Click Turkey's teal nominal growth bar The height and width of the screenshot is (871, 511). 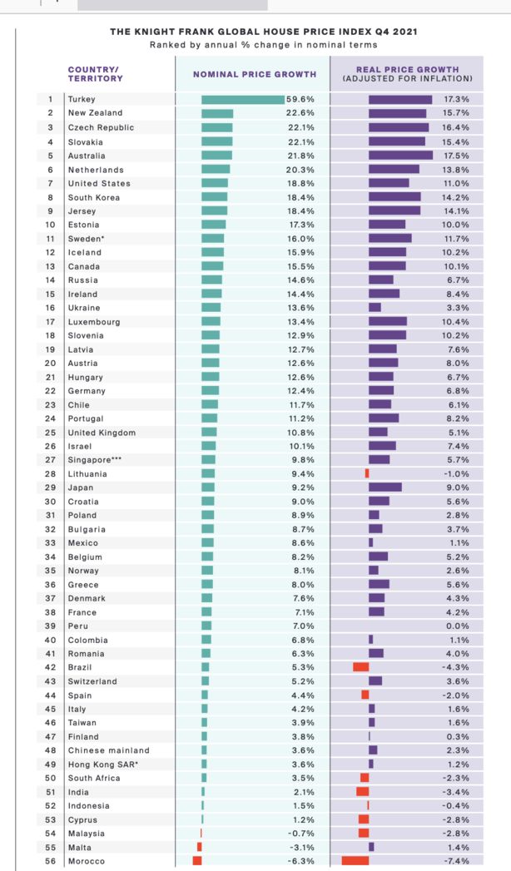pyautogui.click(x=242, y=100)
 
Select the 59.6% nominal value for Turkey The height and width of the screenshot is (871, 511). pyautogui.click(x=300, y=100)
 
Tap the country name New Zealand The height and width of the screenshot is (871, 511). pyautogui.click(x=95, y=113)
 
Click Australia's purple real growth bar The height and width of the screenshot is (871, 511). pyautogui.click(x=400, y=156)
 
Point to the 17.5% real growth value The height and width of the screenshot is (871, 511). pyautogui.click(x=456, y=156)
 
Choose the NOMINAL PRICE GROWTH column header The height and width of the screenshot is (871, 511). pyautogui.click(x=255, y=74)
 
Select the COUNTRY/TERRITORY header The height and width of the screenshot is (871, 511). pyautogui.click(x=95, y=74)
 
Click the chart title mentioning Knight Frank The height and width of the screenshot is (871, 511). pyautogui.click(x=264, y=32)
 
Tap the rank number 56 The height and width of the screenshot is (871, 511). pyautogui.click(x=50, y=861)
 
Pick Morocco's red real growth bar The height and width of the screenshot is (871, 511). pyautogui.click(x=355, y=861)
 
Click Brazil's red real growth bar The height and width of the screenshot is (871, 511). pyautogui.click(x=360, y=667)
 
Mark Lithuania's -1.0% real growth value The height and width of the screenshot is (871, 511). pyautogui.click(x=456, y=473)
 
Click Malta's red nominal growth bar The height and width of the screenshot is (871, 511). pyautogui.click(x=199, y=847)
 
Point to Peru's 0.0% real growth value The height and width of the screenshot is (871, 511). pyautogui.click(x=458, y=626)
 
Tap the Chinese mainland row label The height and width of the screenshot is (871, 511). pyautogui.click(x=108, y=750)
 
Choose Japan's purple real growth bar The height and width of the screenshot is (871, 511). pyautogui.click(x=384, y=487)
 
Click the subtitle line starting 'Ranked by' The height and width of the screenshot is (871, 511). pyautogui.click(x=263, y=44)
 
